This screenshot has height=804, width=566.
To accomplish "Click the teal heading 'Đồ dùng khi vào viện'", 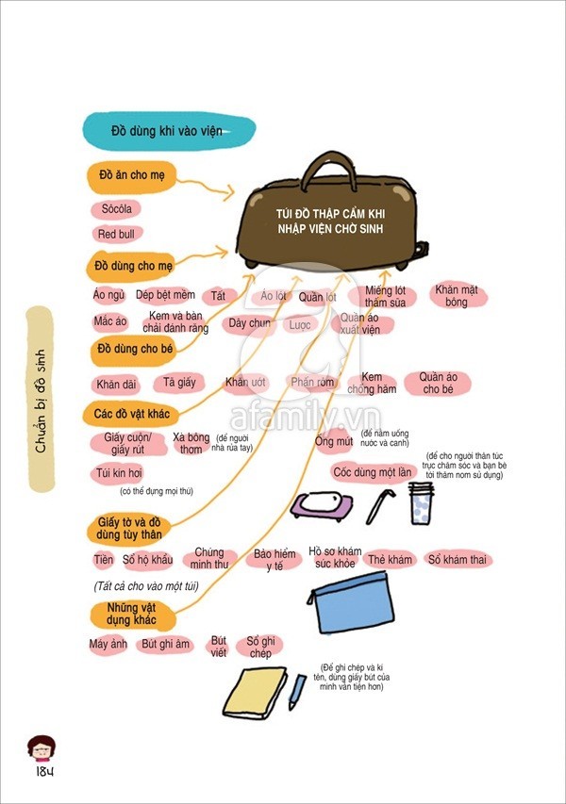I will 167,131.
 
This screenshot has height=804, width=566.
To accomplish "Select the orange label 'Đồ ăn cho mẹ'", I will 131,176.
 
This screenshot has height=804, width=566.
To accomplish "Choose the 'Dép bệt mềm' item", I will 165,296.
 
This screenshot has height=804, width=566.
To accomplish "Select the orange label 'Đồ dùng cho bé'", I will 136,352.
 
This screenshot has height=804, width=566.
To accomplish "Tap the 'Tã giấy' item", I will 179,383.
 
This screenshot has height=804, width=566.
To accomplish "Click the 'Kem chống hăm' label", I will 372,383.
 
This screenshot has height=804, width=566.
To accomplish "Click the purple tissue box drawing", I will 322,504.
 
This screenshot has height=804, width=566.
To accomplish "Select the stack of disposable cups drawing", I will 421,503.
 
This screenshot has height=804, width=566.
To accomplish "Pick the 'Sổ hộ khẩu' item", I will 148,560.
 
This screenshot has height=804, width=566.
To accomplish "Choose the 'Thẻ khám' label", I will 391,560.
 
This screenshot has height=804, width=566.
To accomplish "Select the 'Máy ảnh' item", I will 108,645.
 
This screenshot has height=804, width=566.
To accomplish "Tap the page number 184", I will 43,772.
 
